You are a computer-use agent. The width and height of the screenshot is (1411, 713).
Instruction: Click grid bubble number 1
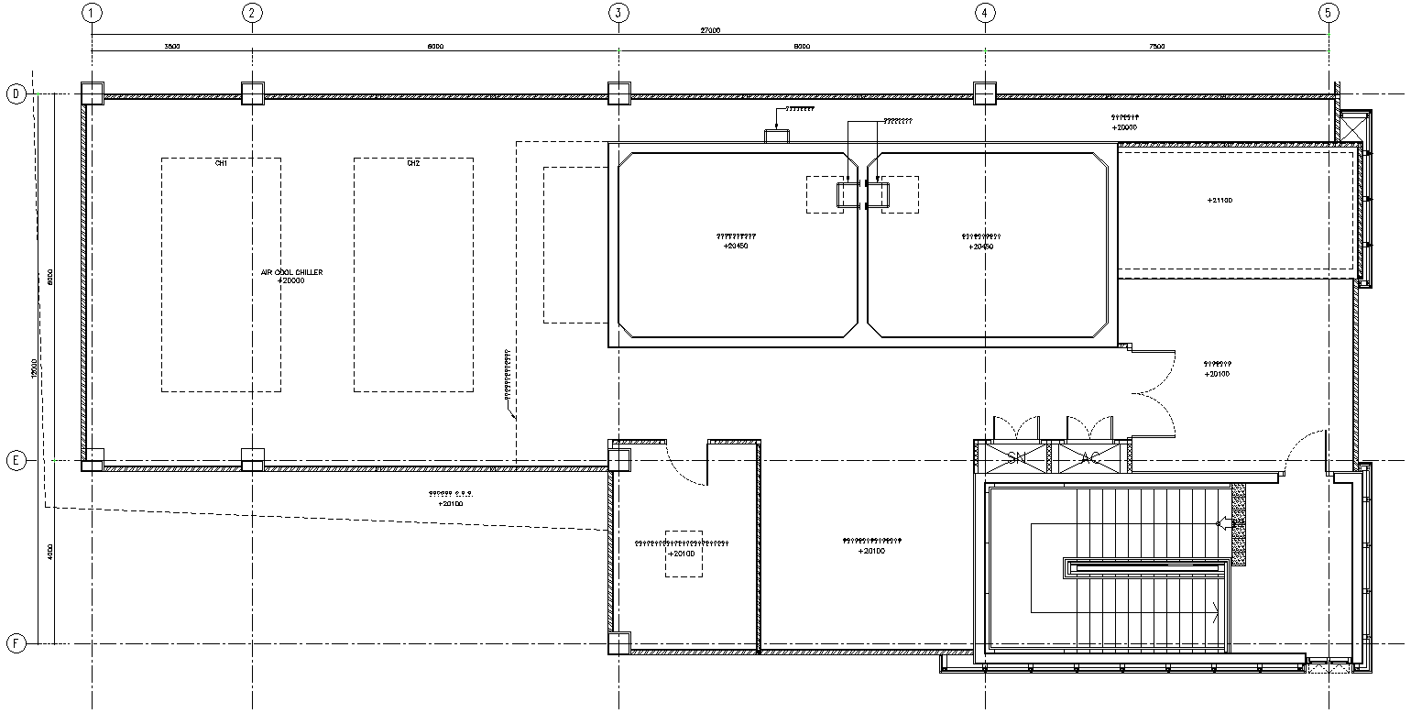click(x=92, y=13)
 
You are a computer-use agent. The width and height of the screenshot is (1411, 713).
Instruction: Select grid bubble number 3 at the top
click(x=618, y=13)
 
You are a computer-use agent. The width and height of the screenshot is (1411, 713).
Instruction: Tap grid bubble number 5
click(x=1329, y=13)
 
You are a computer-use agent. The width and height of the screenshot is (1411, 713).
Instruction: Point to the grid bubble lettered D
click(x=16, y=93)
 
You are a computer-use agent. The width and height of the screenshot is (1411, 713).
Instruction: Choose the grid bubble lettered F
click(x=16, y=643)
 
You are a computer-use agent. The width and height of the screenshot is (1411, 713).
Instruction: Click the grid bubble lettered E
click(x=16, y=461)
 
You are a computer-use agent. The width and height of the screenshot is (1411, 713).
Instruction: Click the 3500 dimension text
click(x=171, y=46)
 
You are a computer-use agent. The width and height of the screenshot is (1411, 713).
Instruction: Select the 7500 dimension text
click(x=1156, y=46)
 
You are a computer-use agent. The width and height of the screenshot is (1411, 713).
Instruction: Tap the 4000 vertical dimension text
click(x=51, y=552)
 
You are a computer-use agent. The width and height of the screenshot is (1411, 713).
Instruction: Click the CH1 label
click(x=221, y=163)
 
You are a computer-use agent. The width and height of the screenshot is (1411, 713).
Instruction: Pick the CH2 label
click(x=413, y=163)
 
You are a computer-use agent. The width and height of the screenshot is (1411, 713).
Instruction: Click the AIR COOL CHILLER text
click(x=291, y=272)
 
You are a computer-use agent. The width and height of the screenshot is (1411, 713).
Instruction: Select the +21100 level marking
click(x=1220, y=200)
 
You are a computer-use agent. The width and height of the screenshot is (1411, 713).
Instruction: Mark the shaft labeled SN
click(x=1016, y=457)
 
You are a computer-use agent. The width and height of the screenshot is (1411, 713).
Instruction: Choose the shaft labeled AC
click(x=1090, y=457)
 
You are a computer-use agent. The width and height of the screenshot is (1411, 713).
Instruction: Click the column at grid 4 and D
click(x=984, y=93)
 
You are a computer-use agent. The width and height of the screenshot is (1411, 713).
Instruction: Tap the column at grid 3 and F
click(x=619, y=643)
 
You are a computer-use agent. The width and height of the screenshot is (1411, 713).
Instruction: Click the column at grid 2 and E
click(x=253, y=460)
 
